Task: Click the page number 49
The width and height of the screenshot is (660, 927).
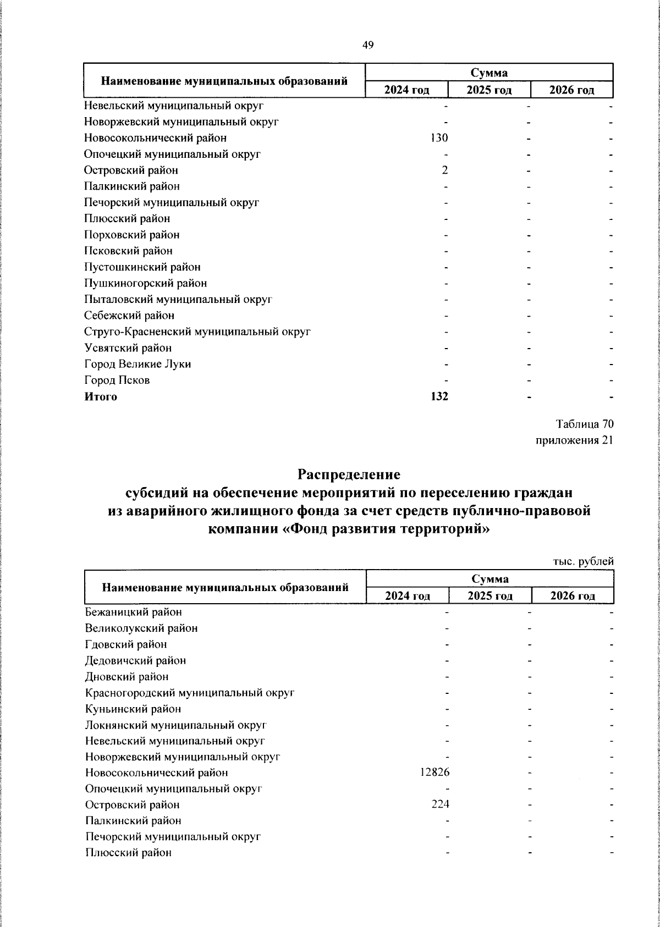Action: click(368, 46)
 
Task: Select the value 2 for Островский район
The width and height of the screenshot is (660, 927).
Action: click(444, 170)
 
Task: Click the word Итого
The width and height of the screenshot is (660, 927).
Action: click(101, 396)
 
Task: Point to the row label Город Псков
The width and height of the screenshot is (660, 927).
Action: click(117, 380)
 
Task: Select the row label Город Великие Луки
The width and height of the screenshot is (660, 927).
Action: click(137, 364)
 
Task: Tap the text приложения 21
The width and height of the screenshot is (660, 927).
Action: click(574, 440)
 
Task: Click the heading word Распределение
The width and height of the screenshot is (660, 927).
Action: click(349, 473)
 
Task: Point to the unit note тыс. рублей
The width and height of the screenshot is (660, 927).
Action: click(582, 561)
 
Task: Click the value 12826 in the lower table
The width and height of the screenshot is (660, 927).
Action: click(435, 772)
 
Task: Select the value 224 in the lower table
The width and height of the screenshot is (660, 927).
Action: click(439, 804)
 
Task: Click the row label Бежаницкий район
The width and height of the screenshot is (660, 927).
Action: click(133, 612)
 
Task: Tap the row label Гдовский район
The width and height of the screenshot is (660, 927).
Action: click(126, 644)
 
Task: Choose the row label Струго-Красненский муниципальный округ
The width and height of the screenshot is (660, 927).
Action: click(197, 332)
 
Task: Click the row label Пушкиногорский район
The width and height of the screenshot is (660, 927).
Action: click(145, 283)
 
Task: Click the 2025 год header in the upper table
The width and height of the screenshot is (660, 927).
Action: click(489, 90)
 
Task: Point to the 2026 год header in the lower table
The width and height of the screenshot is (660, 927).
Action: click(573, 596)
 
